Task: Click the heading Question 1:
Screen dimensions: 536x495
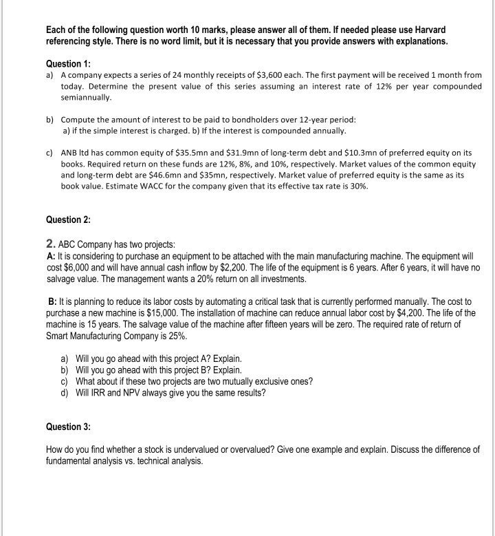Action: pos(68,63)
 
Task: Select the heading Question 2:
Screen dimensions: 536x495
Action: pos(68,219)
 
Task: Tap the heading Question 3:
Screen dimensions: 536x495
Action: pos(68,427)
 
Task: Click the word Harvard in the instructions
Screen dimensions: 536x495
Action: pos(428,30)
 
